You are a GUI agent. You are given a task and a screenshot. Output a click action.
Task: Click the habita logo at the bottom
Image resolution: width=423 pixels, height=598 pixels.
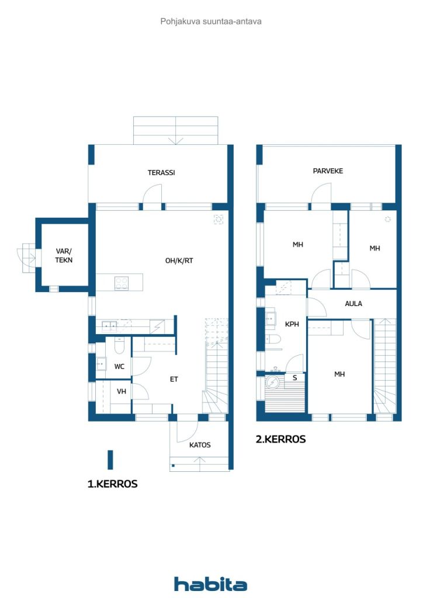tap(210, 584)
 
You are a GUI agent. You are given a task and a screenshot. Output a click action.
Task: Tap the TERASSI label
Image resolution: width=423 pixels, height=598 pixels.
tap(161, 173)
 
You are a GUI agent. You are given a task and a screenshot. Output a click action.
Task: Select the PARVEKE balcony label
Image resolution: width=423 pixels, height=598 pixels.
tap(328, 171)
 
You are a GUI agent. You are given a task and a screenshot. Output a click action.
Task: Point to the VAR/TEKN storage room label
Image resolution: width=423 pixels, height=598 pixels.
tap(64, 256)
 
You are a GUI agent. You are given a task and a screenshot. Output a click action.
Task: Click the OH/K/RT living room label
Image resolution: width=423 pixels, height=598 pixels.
tap(179, 261)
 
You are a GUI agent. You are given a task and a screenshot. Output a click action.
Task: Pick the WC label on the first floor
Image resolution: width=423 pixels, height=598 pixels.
tap(119, 367)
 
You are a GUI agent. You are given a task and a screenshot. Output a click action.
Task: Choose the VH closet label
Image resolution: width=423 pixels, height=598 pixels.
tap(122, 391)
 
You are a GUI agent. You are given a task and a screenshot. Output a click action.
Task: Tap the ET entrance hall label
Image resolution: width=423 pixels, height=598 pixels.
tap(174, 379)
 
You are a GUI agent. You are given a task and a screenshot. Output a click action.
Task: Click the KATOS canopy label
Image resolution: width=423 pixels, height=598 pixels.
tap(200, 445)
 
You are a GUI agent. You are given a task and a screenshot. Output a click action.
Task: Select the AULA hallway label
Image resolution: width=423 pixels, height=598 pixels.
tap(353, 304)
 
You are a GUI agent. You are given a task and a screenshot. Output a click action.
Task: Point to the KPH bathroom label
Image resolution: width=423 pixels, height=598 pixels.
tap(292, 324)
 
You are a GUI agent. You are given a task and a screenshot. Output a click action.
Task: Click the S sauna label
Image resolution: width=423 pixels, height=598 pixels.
tap(295, 378)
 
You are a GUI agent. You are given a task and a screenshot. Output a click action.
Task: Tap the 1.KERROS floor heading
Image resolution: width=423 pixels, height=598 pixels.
tap(113, 484)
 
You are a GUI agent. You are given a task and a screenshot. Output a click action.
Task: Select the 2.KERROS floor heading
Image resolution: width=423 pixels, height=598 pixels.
tap(280, 439)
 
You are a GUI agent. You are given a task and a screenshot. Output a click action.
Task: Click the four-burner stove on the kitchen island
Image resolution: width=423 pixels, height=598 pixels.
tap(122, 283)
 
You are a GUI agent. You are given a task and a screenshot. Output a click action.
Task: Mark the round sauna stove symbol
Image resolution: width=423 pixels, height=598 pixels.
tap(273, 382)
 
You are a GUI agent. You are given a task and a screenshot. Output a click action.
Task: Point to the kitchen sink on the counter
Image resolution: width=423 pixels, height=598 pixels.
tap(109, 326)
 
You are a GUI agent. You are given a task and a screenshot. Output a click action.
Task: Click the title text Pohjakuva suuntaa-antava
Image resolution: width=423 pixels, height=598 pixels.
tap(211, 22)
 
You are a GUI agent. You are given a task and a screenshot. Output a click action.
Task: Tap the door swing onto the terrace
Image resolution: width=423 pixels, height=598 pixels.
tap(152, 193)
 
